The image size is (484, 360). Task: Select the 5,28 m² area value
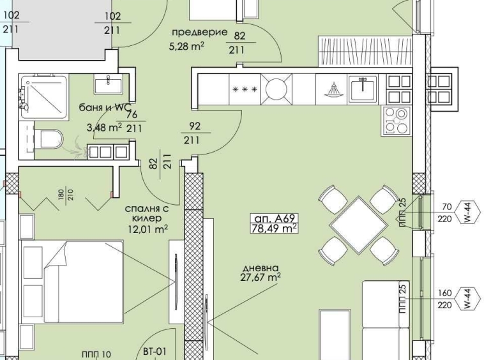[x=186, y=46]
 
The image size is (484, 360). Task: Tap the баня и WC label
[x=102, y=108]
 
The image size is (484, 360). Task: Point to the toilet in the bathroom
[x=49, y=138]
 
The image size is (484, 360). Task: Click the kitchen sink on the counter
[x=363, y=88]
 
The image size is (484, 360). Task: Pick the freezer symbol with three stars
[x=245, y=89]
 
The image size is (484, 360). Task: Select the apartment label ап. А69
[x=275, y=217]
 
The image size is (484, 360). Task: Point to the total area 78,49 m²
[x=275, y=228]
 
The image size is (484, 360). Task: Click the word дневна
[x=260, y=267]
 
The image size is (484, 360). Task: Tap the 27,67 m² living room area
[x=260, y=278]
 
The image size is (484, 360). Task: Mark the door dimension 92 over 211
[x=192, y=133]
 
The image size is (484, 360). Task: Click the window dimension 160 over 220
[x=445, y=299]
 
